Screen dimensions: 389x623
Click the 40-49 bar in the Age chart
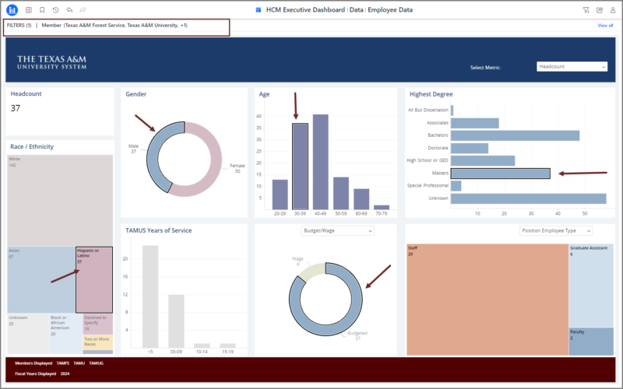[x=320, y=162]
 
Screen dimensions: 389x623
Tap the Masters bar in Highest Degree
[x=500, y=173]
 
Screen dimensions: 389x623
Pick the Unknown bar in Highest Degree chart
[x=528, y=198]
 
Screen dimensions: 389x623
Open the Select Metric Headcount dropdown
[x=572, y=67]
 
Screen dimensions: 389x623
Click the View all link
[x=604, y=26]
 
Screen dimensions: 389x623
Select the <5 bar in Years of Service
[x=150, y=296]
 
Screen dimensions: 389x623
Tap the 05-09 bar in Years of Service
[x=177, y=320]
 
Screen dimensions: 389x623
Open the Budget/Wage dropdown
[x=337, y=231]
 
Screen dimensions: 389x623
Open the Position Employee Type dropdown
[x=555, y=231]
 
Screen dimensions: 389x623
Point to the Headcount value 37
[x=16, y=108]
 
